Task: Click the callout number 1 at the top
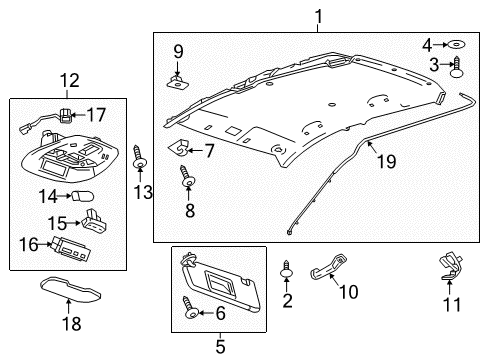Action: tap(319, 16)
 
